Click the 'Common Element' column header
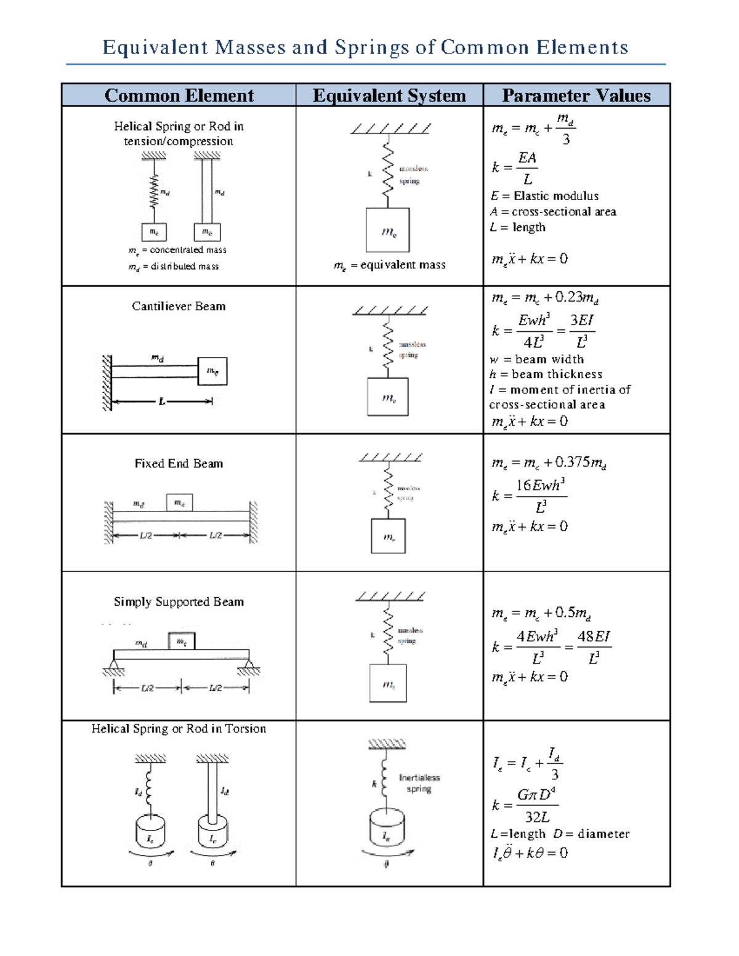179,95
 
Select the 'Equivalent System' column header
389,95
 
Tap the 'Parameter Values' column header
576,95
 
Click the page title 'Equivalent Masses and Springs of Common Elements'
365,47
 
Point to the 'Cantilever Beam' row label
179,306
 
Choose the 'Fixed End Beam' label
179,464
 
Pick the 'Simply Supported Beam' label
179,601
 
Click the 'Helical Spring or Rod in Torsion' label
179,729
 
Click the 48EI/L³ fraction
594,647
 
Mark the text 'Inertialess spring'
419,783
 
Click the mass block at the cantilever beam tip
212,371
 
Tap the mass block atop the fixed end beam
179,502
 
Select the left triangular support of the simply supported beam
114,665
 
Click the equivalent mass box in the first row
388,230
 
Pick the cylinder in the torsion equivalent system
387,829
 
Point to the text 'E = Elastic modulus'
544,196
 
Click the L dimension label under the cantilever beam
162,401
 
